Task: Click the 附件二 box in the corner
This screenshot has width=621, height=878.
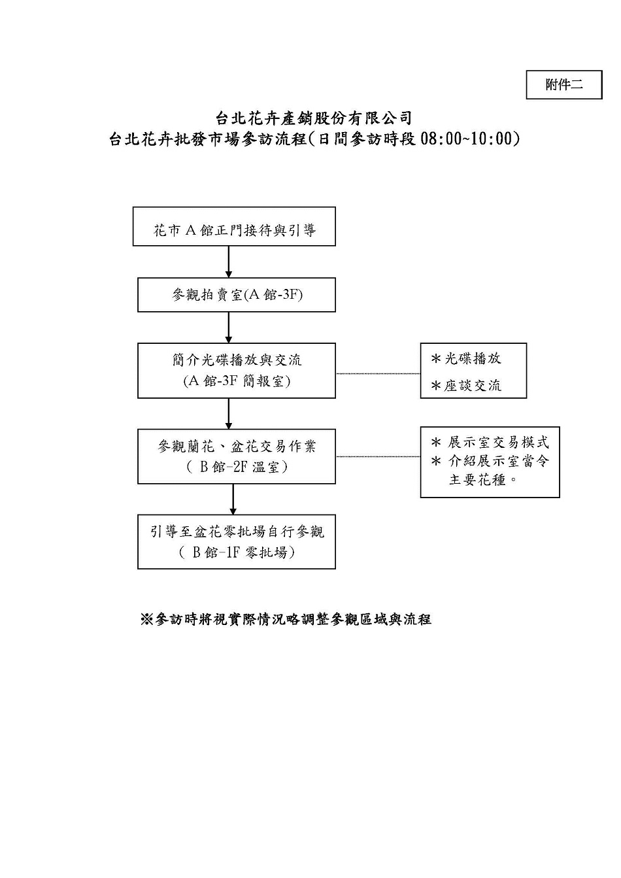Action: (563, 85)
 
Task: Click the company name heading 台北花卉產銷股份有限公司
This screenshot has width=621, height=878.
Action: (314, 118)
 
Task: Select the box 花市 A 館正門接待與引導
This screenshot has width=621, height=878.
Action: (234, 227)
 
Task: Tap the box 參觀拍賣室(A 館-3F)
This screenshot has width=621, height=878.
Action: (236, 295)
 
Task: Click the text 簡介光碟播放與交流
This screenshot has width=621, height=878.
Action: (237, 360)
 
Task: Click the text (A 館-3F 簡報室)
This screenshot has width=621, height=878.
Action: (237, 380)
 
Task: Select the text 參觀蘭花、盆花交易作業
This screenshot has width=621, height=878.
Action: (237, 446)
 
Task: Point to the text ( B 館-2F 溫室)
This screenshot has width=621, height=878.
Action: (237, 467)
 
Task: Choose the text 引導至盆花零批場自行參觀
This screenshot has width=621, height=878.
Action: (237, 532)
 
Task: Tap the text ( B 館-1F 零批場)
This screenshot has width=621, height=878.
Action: (237, 552)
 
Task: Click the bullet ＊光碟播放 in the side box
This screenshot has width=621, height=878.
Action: (466, 358)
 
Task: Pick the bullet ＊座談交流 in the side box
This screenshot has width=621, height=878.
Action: (466, 386)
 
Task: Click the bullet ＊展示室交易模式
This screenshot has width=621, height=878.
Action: (490, 443)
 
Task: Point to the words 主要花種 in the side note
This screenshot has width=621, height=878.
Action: (477, 480)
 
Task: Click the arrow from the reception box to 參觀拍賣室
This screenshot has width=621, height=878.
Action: (229, 262)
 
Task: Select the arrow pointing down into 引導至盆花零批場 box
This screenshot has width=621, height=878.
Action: (233, 499)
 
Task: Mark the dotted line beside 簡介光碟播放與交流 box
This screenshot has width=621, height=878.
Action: (378, 373)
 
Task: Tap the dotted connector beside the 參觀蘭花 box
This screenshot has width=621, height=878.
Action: (378, 456)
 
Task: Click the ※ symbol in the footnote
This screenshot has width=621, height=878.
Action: (146, 619)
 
